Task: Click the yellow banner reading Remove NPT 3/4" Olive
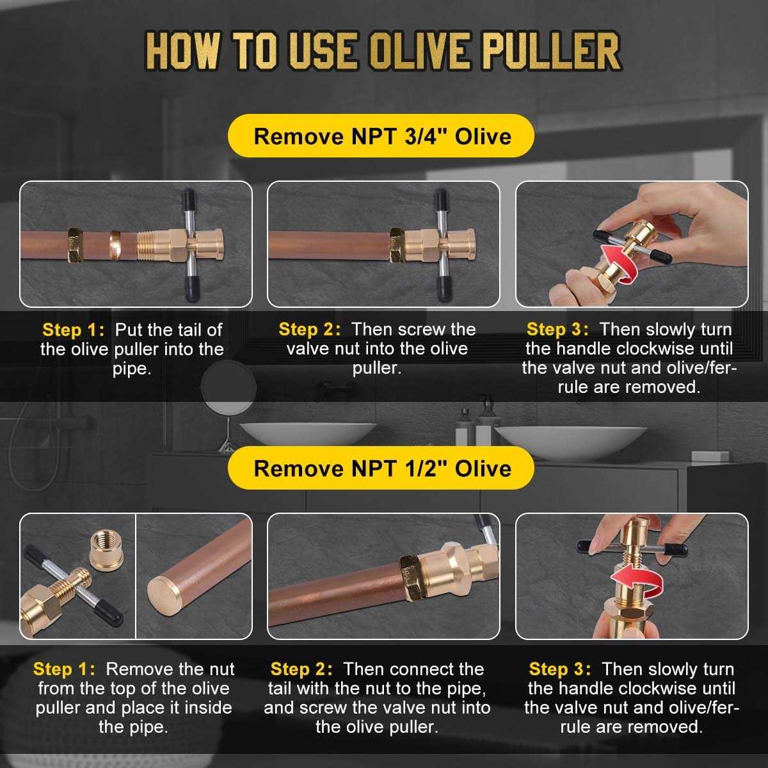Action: [381, 136]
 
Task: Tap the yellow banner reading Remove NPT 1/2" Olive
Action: [381, 468]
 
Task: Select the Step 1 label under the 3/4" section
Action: [72, 330]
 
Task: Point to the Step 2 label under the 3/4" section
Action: [310, 330]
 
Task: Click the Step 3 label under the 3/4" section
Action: [557, 330]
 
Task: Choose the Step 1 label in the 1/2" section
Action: [63, 669]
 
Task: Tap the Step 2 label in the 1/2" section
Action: [301, 669]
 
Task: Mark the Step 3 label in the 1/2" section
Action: [559, 669]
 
